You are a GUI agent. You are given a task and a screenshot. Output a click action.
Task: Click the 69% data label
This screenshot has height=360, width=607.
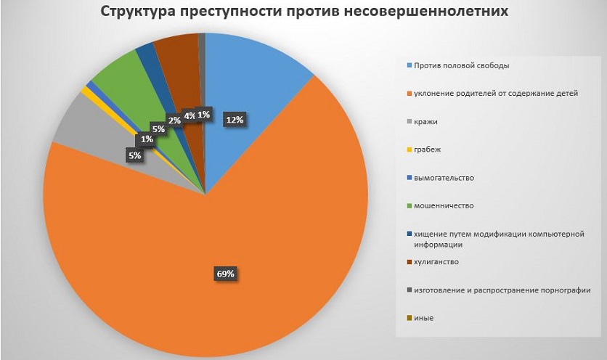click(224, 274)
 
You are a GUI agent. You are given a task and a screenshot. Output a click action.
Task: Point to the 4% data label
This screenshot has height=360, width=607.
click(189, 115)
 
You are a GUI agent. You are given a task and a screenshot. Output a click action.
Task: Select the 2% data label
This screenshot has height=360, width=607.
click(174, 120)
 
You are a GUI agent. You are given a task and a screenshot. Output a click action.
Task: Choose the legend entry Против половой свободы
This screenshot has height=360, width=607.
click(461, 65)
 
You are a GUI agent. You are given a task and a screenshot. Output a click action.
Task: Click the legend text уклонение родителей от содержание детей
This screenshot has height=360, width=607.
click(495, 94)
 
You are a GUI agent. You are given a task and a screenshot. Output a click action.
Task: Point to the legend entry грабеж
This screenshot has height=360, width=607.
click(427, 150)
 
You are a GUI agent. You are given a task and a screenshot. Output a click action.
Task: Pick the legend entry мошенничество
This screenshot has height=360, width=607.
click(443, 205)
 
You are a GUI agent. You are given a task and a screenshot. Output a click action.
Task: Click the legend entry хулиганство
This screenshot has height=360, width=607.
click(436, 261)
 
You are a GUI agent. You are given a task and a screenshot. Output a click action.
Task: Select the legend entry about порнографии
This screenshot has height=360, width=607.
click(502, 290)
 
